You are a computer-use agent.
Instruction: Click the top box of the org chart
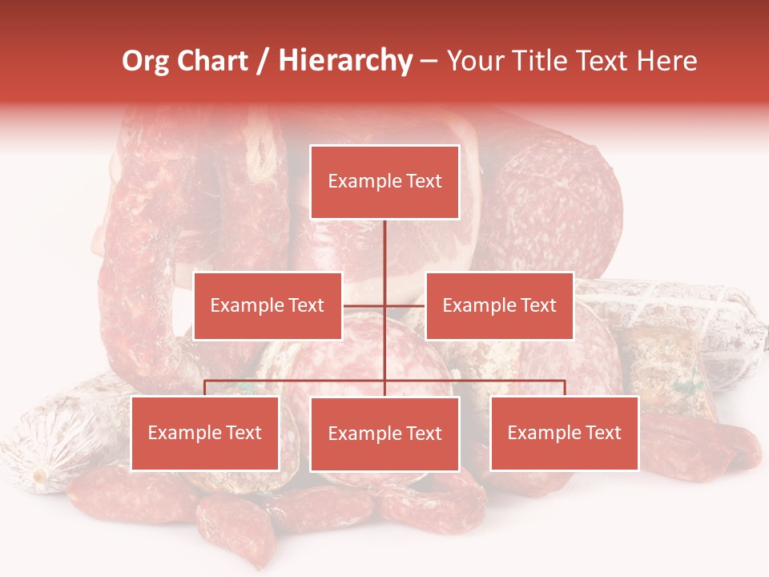pos(384,182)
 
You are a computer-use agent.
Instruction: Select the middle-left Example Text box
pos(268,305)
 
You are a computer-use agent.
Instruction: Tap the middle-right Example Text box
pos(499,305)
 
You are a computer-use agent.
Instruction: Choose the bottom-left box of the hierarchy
pos(205,433)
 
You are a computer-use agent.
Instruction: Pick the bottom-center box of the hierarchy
pos(384,434)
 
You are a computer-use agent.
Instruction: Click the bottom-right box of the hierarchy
pos(564,433)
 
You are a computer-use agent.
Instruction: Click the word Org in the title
pos(145,61)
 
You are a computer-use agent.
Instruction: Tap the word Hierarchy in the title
pos(345,61)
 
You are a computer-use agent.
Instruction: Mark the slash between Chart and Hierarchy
pos(264,62)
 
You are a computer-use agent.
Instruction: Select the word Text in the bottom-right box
pos(602,433)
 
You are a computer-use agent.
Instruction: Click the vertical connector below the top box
pos(384,256)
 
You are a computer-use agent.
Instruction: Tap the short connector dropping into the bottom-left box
pos(205,388)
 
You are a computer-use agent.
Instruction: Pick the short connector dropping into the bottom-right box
pos(565,388)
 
